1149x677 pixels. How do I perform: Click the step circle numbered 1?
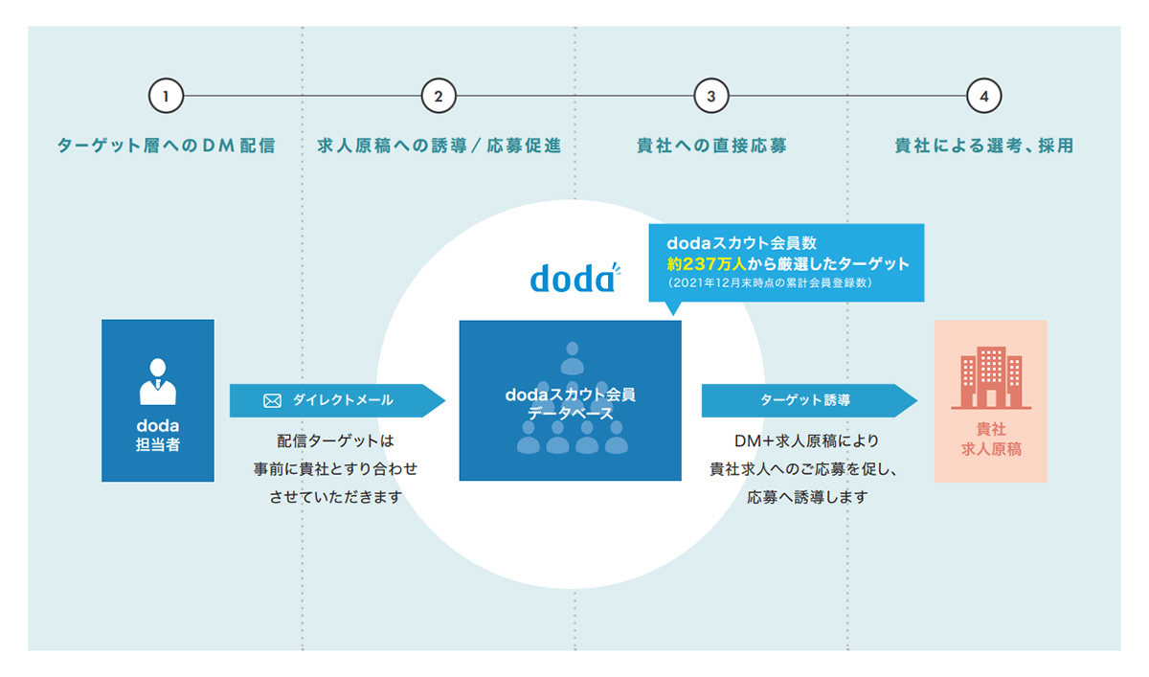(x=167, y=96)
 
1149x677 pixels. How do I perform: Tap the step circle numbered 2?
(x=439, y=96)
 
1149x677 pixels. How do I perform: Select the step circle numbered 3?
(x=711, y=96)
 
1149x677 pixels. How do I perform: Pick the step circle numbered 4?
(x=984, y=96)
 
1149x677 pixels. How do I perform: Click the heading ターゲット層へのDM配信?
(x=167, y=146)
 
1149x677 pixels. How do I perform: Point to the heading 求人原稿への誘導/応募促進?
(x=439, y=146)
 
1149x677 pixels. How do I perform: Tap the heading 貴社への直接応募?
(x=711, y=146)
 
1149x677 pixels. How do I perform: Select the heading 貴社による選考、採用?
(x=984, y=146)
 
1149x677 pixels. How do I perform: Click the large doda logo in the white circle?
(x=575, y=278)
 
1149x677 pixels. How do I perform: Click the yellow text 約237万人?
(x=707, y=263)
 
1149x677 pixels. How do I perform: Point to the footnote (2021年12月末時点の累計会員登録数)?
(x=770, y=282)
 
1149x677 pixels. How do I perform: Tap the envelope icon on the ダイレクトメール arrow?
(x=272, y=400)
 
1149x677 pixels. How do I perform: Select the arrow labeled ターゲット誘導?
(x=809, y=400)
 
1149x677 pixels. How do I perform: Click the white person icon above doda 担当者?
(x=158, y=381)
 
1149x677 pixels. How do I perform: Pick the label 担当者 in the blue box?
(x=158, y=444)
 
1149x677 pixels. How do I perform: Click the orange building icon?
(x=991, y=377)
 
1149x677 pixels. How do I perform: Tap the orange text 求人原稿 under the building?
(x=991, y=449)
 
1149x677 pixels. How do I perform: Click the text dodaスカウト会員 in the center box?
(x=571, y=395)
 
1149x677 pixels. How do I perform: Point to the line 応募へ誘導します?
(x=807, y=497)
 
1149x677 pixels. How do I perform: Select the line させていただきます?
(x=335, y=497)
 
